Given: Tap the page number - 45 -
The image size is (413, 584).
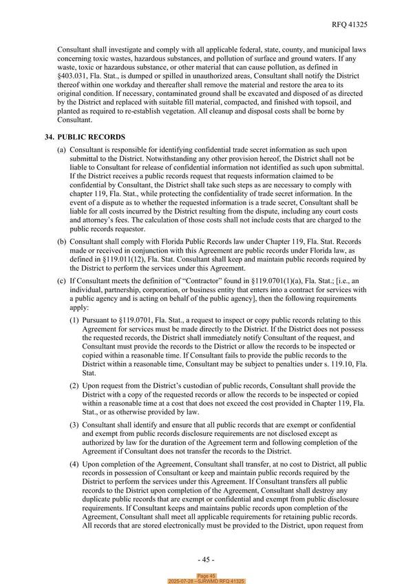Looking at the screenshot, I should [206, 559].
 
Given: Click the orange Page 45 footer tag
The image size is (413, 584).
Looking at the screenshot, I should [206, 575].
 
